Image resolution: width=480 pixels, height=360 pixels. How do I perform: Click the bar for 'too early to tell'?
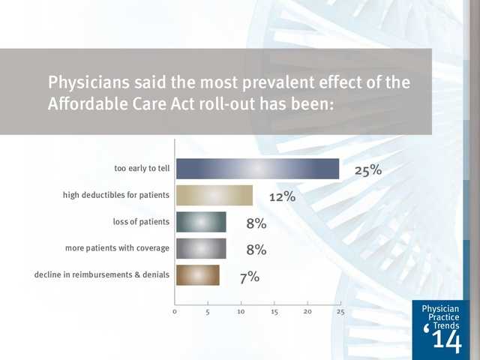point(256,169)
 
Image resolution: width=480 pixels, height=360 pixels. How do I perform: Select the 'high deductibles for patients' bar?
point(214,195)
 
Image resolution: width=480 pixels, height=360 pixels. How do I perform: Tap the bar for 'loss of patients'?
point(200,222)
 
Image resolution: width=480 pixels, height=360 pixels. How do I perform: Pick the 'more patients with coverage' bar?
point(200,248)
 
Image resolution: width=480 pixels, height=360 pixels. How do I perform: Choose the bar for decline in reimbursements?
point(197,275)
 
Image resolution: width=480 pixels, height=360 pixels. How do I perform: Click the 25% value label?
point(368,169)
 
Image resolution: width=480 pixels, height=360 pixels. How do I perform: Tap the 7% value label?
point(249,277)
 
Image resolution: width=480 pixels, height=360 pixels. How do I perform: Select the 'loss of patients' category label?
point(141,222)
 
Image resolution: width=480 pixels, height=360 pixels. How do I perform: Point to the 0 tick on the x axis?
point(175,311)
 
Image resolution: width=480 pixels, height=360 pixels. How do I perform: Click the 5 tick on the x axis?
point(208,311)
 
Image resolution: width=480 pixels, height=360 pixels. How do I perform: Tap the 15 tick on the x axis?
point(274,311)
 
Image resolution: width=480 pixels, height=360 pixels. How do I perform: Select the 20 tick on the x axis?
point(307,311)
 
